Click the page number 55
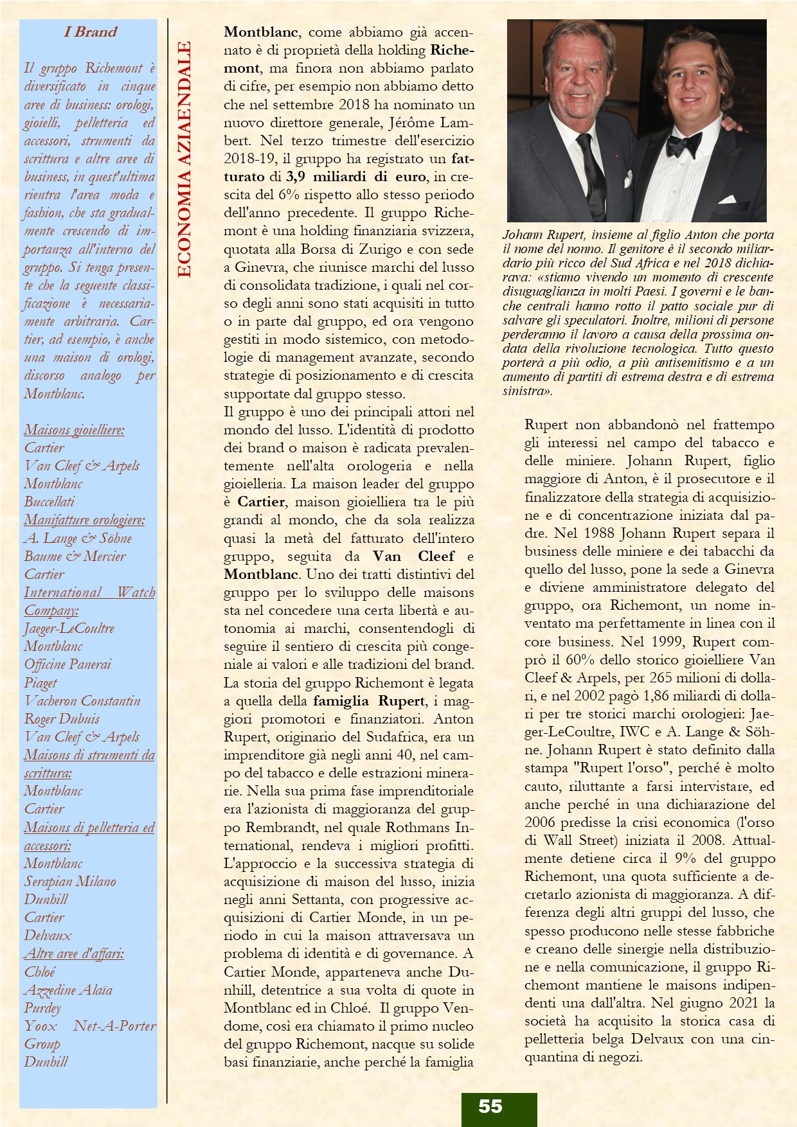[x=490, y=1106]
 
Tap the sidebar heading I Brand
[x=91, y=31]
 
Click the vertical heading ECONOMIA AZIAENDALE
[x=184, y=159]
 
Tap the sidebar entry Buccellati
[x=49, y=502]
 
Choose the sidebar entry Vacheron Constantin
[x=82, y=701]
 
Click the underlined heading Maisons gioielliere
[x=75, y=430]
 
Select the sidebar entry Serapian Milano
[x=70, y=882]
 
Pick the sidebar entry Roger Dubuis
[x=62, y=719]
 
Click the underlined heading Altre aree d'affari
[x=74, y=954]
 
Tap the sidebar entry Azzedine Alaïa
[x=68, y=990]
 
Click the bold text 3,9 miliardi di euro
[x=356, y=177]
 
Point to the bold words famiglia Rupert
[x=369, y=701]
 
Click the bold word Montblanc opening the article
[x=261, y=32]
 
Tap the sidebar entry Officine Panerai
[x=67, y=664]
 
